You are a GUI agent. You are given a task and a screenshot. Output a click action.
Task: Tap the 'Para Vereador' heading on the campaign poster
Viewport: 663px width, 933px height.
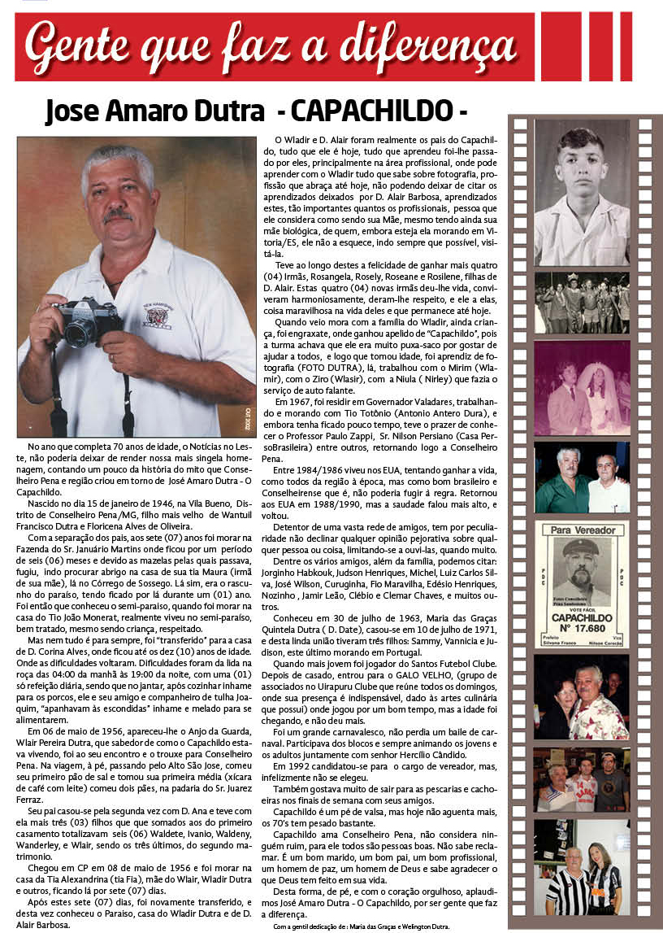click(x=581, y=530)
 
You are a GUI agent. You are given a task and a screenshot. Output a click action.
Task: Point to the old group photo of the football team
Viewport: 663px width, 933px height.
click(x=581, y=302)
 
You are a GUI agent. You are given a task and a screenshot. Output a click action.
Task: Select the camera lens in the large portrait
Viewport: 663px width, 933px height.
click(x=80, y=329)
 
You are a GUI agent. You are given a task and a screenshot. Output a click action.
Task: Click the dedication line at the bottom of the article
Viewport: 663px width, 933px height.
click(x=361, y=926)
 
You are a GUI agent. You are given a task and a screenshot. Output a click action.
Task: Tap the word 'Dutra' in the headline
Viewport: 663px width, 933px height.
click(x=233, y=110)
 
